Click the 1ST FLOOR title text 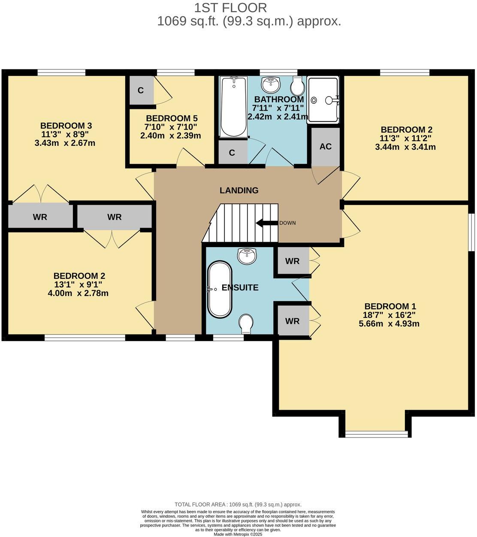tap(230, 8)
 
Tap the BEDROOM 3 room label tap(66, 126)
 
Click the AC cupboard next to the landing tap(326, 147)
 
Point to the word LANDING tap(239, 190)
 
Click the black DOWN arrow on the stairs tap(266, 223)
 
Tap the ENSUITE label tap(240, 288)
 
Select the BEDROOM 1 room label tap(390, 306)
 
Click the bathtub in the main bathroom tap(233, 106)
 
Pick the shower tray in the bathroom tap(323, 100)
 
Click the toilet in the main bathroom tap(297, 86)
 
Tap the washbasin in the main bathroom tap(271, 85)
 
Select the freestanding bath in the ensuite tap(220, 289)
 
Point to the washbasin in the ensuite tap(247, 256)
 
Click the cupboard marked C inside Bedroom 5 tap(140, 91)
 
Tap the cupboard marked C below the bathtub tap(232, 153)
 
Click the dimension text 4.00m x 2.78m tap(78, 293)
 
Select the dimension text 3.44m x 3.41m tap(405, 147)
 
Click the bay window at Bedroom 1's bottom tap(377, 434)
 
